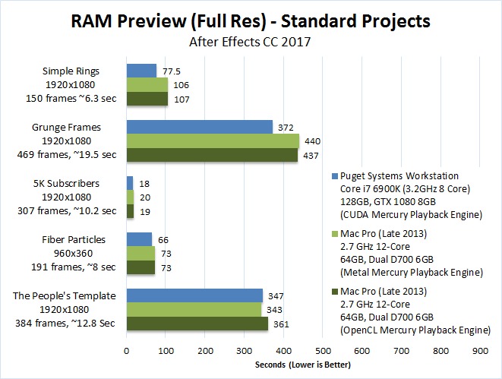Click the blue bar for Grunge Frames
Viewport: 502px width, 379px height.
coord(199,127)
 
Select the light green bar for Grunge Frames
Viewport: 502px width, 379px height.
coord(212,141)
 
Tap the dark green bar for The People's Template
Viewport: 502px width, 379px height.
coord(197,324)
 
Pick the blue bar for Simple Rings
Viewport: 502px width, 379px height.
coord(141,71)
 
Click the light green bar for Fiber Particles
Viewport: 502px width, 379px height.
coord(140,253)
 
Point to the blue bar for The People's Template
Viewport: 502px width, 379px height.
coord(194,295)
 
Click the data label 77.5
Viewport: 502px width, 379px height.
coord(172,71)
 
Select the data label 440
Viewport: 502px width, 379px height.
coord(313,141)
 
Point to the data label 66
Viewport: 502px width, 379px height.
coord(163,239)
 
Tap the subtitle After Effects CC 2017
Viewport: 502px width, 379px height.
coord(251,43)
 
